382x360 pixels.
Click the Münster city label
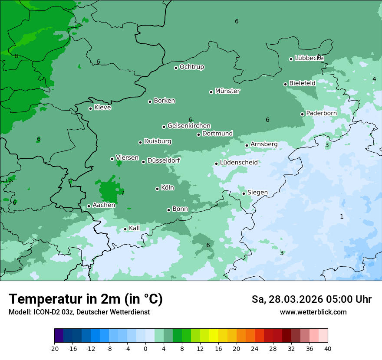tap(227, 91)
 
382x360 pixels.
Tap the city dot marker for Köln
tap(157, 189)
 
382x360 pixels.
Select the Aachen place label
tap(104, 205)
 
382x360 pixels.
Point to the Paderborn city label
tap(321, 113)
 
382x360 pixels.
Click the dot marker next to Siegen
tap(244, 193)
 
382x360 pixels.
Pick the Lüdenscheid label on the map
tap(239, 163)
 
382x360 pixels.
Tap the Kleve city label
tap(103, 108)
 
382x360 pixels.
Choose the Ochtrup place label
tap(192, 67)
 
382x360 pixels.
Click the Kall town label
tap(135, 228)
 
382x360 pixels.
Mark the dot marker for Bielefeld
tap(285, 84)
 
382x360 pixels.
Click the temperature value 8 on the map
tap(16, 56)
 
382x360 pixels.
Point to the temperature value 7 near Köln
tap(122, 193)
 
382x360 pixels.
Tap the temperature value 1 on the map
tap(342, 216)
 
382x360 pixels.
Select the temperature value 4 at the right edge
tap(374, 79)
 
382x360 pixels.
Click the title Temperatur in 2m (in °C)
tap(86, 299)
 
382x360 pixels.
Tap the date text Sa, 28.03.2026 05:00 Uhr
tap(311, 299)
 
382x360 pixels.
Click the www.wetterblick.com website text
tap(313, 312)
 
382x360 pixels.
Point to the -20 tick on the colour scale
tap(54, 349)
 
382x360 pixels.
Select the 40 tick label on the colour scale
tap(328, 349)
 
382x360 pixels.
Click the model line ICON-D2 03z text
tap(79, 312)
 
